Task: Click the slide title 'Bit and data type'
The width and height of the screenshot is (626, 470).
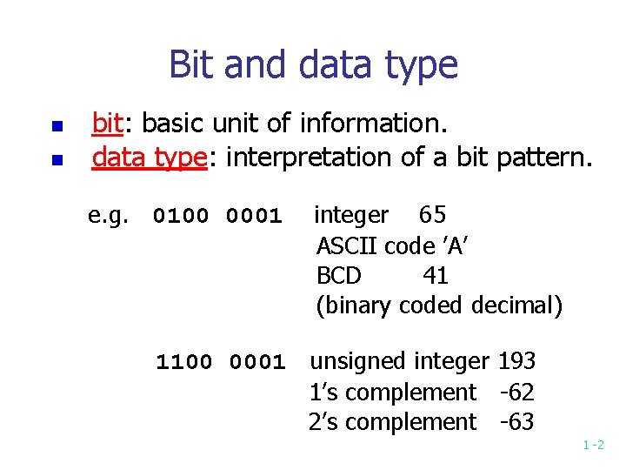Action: (x=313, y=65)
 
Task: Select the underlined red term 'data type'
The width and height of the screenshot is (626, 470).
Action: (x=147, y=158)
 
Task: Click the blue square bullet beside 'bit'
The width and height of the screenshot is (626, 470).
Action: (x=54, y=127)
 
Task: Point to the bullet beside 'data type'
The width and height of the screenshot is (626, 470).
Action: (x=54, y=160)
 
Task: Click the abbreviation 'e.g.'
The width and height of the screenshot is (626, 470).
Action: (x=108, y=215)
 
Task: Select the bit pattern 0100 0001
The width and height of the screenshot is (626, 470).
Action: (x=217, y=215)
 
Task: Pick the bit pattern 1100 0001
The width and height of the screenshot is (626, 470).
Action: (x=220, y=361)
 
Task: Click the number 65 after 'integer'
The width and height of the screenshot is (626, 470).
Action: (x=432, y=214)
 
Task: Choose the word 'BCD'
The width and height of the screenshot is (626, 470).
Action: (x=338, y=276)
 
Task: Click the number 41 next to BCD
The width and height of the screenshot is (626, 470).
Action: (x=436, y=276)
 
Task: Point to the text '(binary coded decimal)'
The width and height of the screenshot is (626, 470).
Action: (x=439, y=306)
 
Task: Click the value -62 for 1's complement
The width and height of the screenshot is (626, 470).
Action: (x=516, y=392)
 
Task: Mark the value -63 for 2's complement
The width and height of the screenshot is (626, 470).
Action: (x=516, y=422)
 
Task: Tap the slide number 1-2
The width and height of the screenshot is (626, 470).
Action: (x=594, y=446)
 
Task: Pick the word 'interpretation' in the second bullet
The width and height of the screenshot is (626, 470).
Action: (x=309, y=158)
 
